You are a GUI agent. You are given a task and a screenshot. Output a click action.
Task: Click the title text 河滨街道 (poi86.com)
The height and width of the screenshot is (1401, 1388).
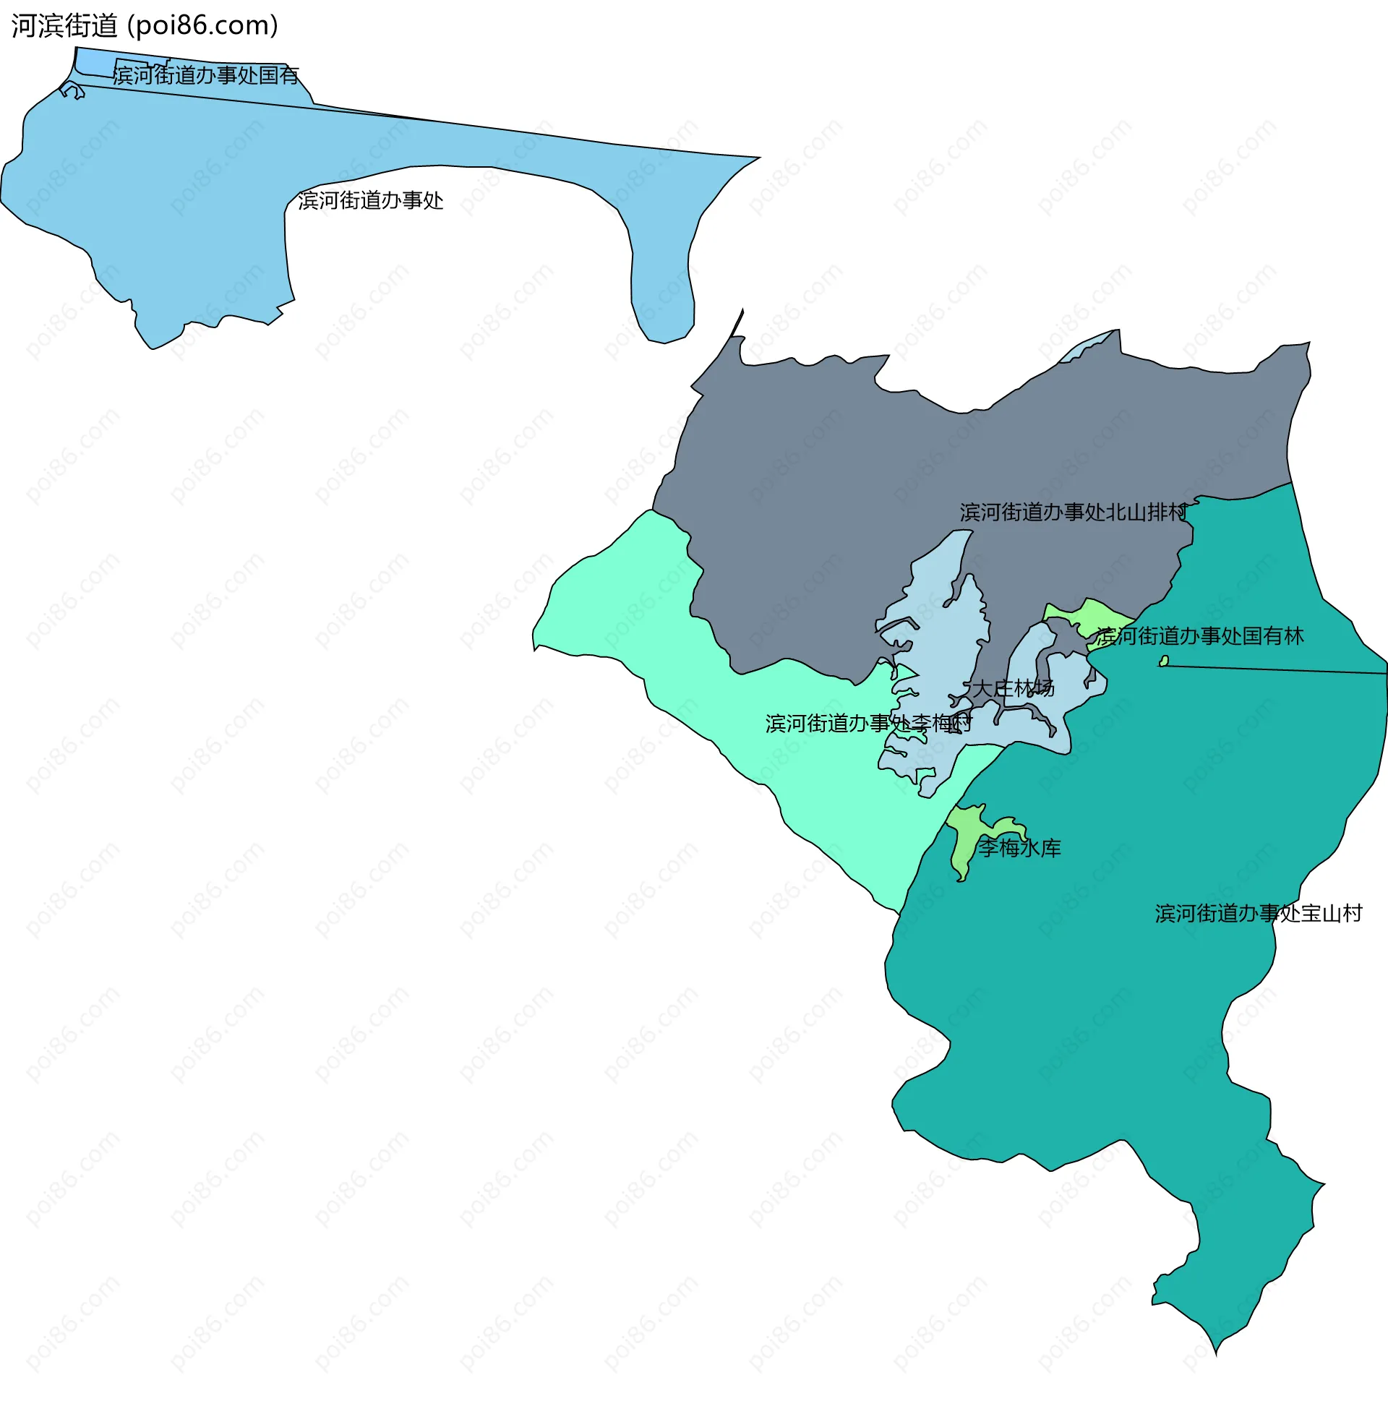tap(145, 25)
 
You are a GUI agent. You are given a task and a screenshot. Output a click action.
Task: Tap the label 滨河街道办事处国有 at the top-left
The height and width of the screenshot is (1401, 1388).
tap(206, 74)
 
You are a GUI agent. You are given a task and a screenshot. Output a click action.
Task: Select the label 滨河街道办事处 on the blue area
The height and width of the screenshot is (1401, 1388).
tap(371, 200)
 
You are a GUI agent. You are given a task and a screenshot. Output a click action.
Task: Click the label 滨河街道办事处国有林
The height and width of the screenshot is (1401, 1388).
tap(1199, 636)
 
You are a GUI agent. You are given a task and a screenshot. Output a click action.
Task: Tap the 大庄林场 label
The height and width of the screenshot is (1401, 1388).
tap(1012, 687)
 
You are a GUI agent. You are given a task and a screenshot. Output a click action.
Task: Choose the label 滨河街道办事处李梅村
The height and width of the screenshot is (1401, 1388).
tap(869, 723)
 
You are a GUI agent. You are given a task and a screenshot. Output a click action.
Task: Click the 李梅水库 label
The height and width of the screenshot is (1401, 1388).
tap(1019, 848)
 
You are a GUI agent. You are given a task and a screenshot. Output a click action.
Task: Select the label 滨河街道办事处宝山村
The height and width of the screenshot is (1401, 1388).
tap(1258, 913)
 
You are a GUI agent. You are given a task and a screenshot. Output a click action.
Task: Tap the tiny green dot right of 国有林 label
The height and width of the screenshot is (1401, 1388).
tap(1164, 661)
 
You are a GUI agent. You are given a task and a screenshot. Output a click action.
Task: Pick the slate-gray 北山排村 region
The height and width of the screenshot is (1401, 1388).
tap(834, 507)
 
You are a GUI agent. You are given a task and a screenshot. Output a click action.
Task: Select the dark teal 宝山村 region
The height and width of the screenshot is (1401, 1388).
tap(1124, 1015)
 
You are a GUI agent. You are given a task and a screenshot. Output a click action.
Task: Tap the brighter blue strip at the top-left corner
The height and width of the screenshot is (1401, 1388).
tap(94, 61)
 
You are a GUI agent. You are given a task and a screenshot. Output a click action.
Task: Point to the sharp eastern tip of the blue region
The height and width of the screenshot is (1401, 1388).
tap(754, 158)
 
